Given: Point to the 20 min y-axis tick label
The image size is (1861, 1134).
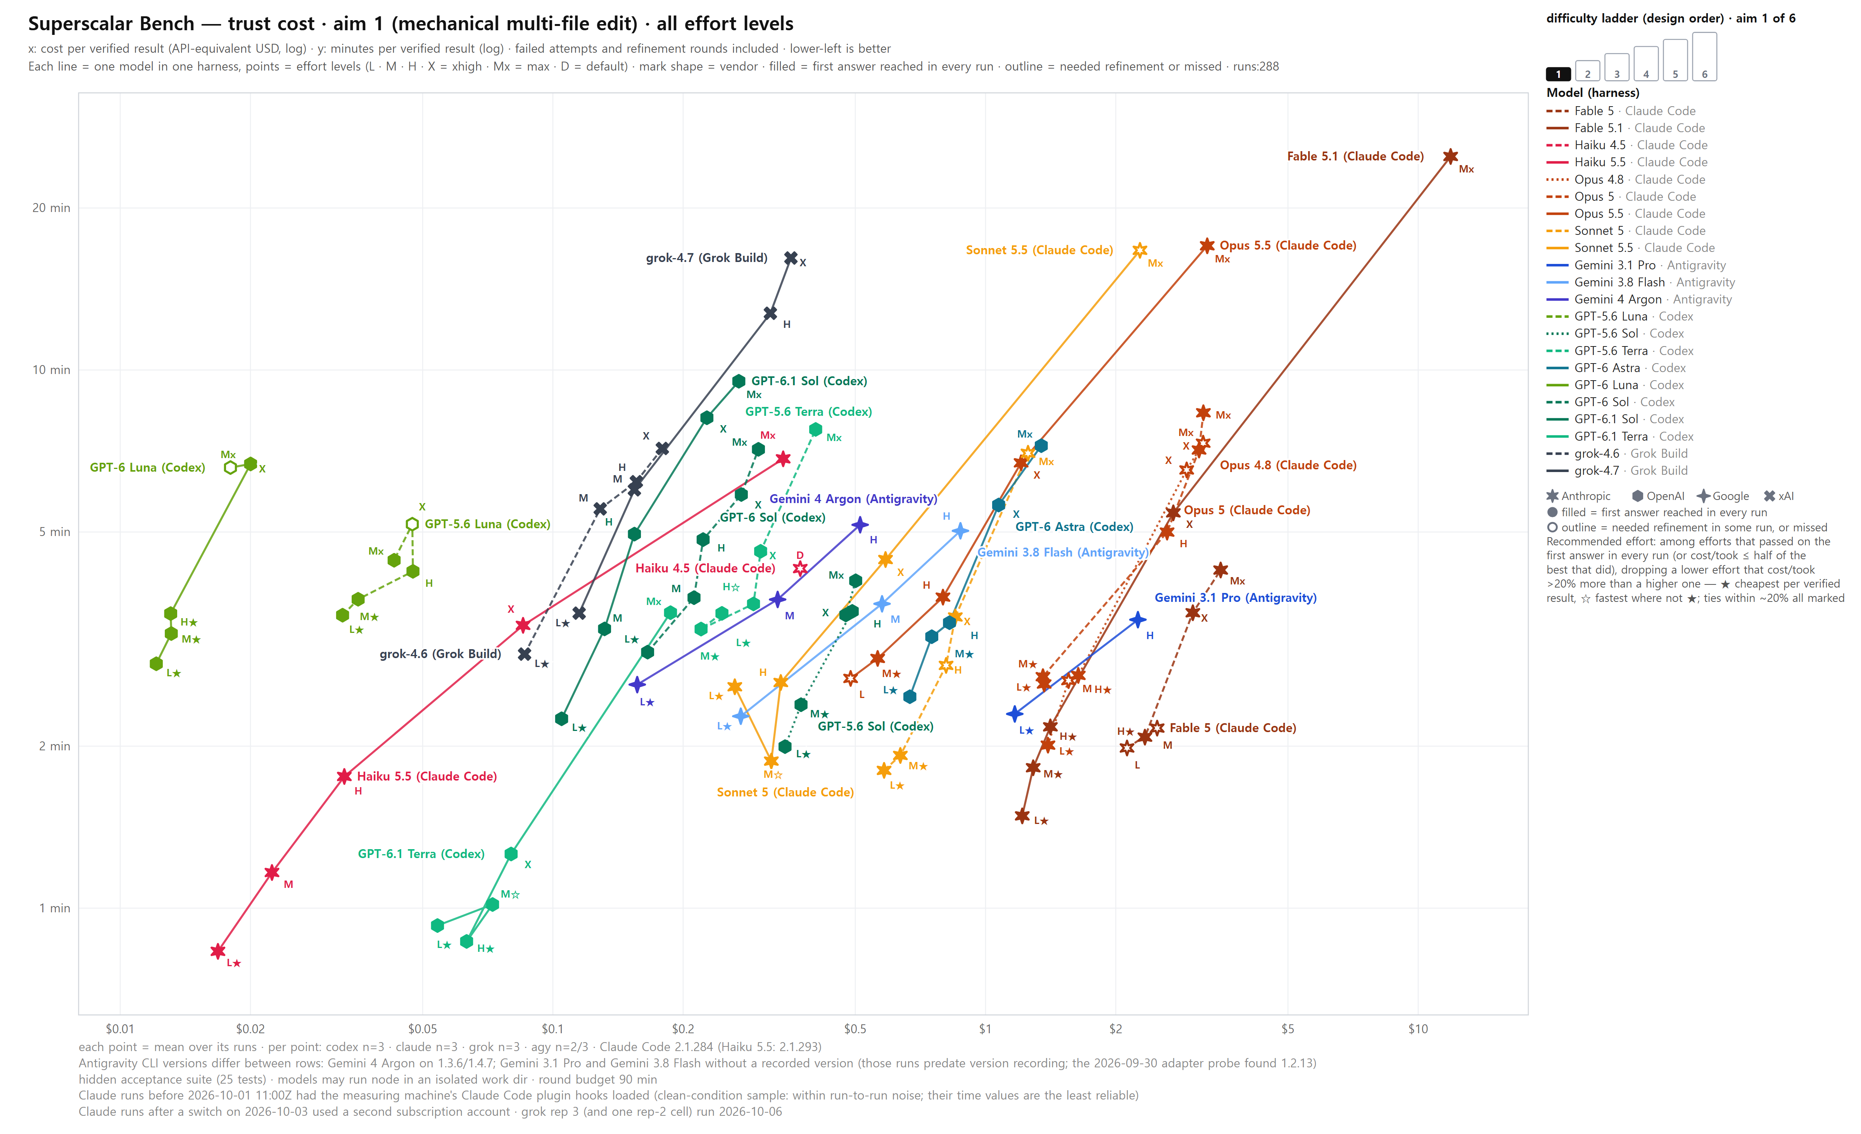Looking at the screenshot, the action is pyautogui.click(x=51, y=208).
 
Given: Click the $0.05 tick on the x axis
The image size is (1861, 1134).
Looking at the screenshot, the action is pyautogui.click(x=422, y=1028).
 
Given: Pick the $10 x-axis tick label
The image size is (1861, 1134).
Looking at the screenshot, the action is pyautogui.click(x=1417, y=1028).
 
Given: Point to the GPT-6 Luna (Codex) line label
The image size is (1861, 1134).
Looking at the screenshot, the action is pyautogui.click(x=147, y=467).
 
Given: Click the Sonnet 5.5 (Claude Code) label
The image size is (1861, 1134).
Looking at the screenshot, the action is pyautogui.click(x=1039, y=250).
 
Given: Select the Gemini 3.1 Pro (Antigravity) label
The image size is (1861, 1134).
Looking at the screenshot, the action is pyautogui.click(x=1236, y=597).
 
